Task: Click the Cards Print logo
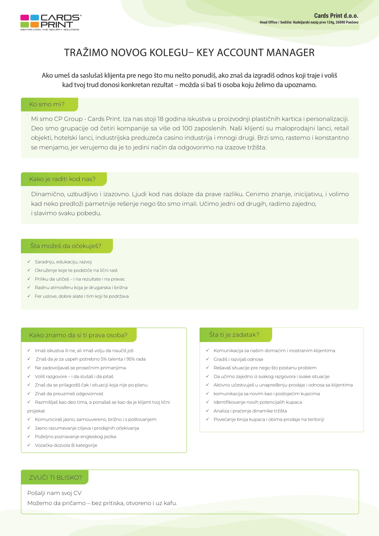click(x=51, y=22)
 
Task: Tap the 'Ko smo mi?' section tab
click(x=47, y=104)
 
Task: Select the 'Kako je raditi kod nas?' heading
click(x=62, y=179)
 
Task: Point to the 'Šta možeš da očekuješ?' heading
click(x=66, y=246)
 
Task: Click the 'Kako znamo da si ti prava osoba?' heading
click(x=78, y=335)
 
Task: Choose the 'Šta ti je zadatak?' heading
click(x=234, y=335)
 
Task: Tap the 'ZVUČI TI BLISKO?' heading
click(x=55, y=478)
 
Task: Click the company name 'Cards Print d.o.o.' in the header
click(x=336, y=16)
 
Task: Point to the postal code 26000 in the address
click(x=340, y=22)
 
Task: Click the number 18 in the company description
click(x=160, y=119)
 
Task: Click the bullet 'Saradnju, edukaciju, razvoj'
click(x=63, y=262)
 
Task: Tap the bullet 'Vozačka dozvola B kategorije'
click(x=66, y=445)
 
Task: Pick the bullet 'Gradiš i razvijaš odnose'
click(x=238, y=359)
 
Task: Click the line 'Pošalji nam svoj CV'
click(x=54, y=493)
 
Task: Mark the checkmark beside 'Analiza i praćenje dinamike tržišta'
click(x=208, y=411)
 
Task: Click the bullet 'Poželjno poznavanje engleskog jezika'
click(x=75, y=437)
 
